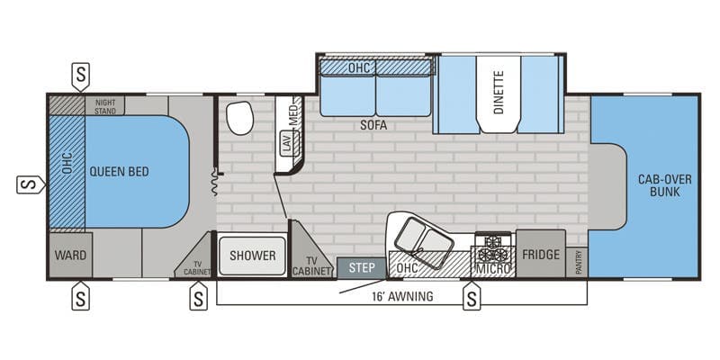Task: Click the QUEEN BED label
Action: pos(118,171)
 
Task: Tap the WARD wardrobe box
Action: pos(69,256)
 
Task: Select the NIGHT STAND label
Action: pos(106,105)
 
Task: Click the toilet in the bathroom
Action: pos(240,118)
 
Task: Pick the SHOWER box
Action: pos(252,256)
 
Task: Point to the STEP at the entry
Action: pos(361,267)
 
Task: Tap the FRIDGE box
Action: pos(541,255)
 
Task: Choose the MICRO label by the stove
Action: pos(493,268)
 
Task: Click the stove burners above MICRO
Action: pos(492,245)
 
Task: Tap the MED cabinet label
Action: pos(293,115)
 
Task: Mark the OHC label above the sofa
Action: pos(360,67)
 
